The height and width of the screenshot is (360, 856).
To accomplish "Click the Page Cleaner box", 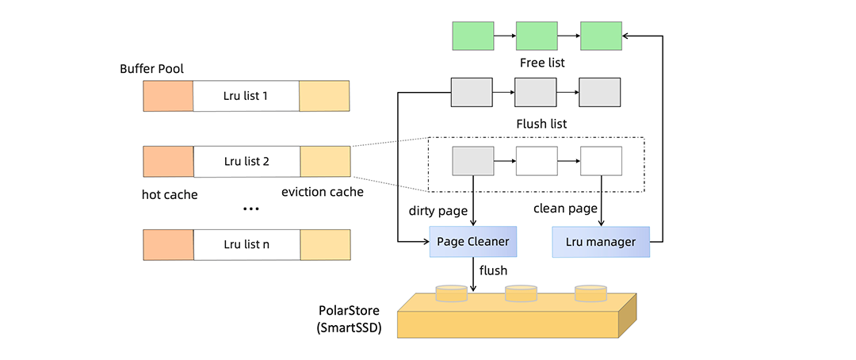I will tap(473, 241).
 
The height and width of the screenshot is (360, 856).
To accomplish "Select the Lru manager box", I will tap(601, 241).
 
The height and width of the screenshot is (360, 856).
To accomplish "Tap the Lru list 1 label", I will tap(246, 96).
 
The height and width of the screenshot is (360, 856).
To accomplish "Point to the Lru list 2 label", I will tap(246, 161).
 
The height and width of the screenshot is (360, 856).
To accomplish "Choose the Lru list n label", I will tap(246, 244).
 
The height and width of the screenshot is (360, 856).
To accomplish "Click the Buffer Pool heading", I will tap(151, 68).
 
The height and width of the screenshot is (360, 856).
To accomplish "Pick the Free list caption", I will tap(542, 62).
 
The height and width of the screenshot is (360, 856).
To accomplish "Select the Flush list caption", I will tap(541, 123).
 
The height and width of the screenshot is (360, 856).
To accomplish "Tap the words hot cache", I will tap(170, 194).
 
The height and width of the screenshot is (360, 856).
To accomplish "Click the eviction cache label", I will tap(323, 192).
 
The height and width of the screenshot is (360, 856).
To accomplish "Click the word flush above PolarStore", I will tap(493, 270).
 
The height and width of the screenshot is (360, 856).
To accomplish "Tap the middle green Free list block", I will tap(537, 36).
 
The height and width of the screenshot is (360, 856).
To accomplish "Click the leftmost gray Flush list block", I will tap(472, 91).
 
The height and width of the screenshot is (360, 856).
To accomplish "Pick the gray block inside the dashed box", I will tap(473, 161).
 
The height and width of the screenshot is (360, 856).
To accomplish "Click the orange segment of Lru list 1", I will tap(168, 96).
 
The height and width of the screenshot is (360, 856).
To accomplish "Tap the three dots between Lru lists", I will tap(250, 209).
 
